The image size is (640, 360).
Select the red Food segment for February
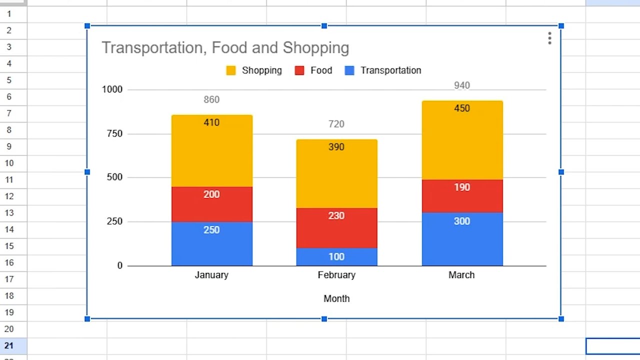336,228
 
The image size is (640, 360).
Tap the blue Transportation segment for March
462,239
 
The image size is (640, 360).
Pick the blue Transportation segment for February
336,257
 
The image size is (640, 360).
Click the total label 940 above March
462,85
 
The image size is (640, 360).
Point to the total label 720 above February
336,124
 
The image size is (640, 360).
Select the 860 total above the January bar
211,99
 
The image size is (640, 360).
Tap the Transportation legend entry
383,70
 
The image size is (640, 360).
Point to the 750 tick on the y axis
114,133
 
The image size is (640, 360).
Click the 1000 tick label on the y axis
112,89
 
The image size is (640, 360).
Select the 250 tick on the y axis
114,221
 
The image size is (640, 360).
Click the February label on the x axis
336,275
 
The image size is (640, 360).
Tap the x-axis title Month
336,298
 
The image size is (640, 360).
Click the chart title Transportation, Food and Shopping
225,48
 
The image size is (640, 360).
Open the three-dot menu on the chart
549,38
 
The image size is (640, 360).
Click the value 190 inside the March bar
462,187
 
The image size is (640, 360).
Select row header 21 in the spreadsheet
9,345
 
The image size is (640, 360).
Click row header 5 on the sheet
9,80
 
